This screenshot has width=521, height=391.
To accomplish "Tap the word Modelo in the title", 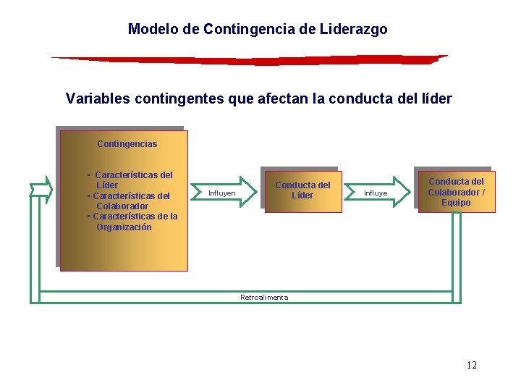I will pyautogui.click(x=149, y=30).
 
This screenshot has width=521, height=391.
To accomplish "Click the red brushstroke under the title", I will pyautogui.click(x=250, y=59).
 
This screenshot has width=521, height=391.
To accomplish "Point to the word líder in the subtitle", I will pyautogui.click(x=436, y=98).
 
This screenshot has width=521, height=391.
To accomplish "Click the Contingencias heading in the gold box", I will pyautogui.click(x=127, y=144).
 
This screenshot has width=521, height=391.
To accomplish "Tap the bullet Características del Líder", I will pyautogui.click(x=130, y=180).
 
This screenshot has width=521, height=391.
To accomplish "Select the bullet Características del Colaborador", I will pyautogui.click(x=129, y=201).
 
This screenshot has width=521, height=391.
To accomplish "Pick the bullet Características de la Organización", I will pyautogui.click(x=132, y=222).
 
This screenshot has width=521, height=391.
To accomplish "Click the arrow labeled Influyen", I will pyautogui.click(x=225, y=193).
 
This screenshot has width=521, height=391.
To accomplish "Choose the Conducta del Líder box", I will pyautogui.click(x=302, y=190).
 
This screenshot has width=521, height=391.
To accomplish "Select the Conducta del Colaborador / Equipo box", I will pyautogui.click(x=456, y=192).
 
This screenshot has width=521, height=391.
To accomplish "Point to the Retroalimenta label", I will pyautogui.click(x=264, y=298).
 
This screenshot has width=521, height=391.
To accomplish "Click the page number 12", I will pyautogui.click(x=471, y=365).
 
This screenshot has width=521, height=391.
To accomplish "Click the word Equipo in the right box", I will pyautogui.click(x=456, y=203).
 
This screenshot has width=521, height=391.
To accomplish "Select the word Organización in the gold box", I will pyautogui.click(x=124, y=227).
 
